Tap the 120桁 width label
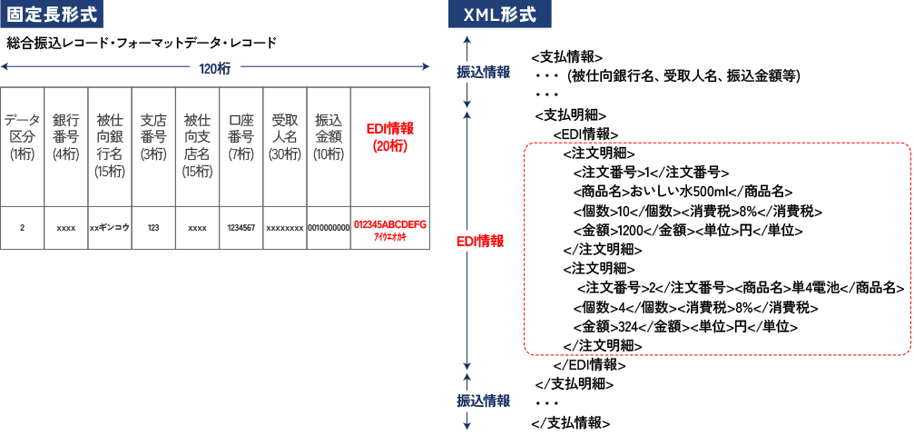point(214,67)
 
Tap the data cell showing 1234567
point(241,227)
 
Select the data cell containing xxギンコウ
point(109,227)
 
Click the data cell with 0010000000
point(328,227)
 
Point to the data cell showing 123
point(152,227)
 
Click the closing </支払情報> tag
point(570,422)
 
